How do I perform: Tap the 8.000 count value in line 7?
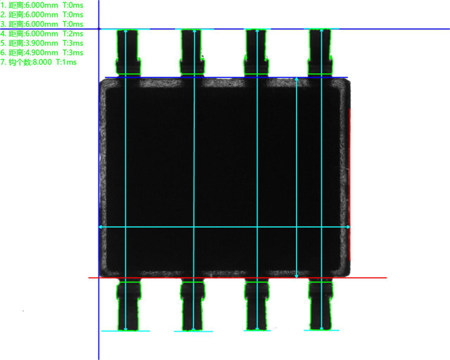click(x=42, y=62)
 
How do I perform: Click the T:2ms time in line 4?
click(x=73, y=34)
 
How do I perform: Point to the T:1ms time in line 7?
click(x=66, y=62)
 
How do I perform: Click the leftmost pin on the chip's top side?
click(x=128, y=52)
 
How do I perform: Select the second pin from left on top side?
click(x=192, y=52)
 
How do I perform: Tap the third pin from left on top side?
click(x=256, y=52)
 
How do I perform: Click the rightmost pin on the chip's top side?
click(x=321, y=52)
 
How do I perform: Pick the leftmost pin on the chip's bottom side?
click(x=129, y=305)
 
